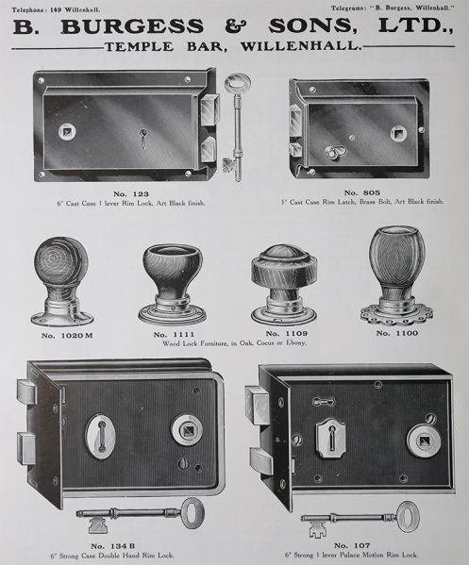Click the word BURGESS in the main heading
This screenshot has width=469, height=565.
pyautogui.click(x=131, y=26)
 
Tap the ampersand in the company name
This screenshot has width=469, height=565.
pyautogui.click(x=236, y=26)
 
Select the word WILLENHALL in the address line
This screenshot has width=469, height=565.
pyautogui.click(x=300, y=46)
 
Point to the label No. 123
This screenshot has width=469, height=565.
pyautogui.click(x=131, y=194)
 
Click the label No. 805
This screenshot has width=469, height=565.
pyautogui.click(x=362, y=192)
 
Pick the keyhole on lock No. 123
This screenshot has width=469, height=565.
pyautogui.click(x=143, y=139)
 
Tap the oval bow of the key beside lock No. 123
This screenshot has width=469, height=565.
pyautogui.click(x=237, y=84)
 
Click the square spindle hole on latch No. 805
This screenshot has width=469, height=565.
pyautogui.click(x=399, y=133)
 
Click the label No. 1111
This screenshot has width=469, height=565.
pyautogui.click(x=174, y=335)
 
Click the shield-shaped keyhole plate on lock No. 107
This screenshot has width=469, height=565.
pyautogui.click(x=330, y=436)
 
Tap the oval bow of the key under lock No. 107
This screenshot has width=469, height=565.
pyautogui.click(x=406, y=517)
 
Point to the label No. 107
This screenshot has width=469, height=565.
pyautogui.click(x=352, y=545)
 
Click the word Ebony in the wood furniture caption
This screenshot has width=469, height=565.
pyautogui.click(x=295, y=343)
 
